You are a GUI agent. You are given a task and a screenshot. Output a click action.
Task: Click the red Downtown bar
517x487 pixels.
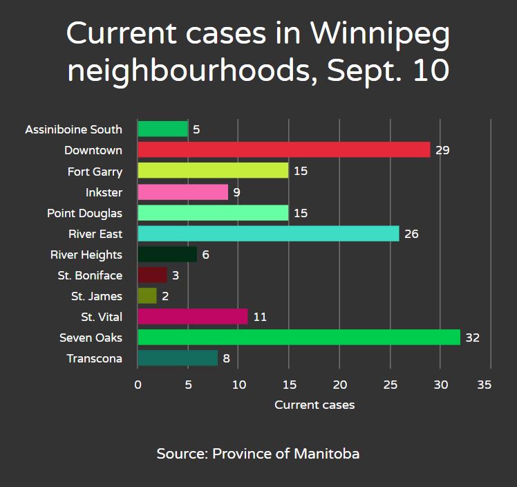pyautogui.click(x=283, y=150)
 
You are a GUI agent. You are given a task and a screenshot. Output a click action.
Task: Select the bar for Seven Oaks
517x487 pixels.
pyautogui.click(x=299, y=338)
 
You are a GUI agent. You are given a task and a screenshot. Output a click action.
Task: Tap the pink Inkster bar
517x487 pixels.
pyautogui.click(x=182, y=192)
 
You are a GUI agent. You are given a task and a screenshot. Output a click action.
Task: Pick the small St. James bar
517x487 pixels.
pyautogui.click(x=147, y=296)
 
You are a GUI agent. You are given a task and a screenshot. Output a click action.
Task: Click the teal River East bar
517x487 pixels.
pyautogui.click(x=268, y=234)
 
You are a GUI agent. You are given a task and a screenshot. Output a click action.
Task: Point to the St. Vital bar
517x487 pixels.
pyautogui.click(x=192, y=317)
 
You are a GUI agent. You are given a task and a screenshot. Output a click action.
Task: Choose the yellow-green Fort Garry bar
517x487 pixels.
pyautogui.click(x=213, y=171)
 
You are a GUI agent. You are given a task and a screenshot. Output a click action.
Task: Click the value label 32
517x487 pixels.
pyautogui.click(x=472, y=338)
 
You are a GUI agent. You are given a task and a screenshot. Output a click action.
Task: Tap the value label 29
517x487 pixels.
pyautogui.click(x=442, y=150)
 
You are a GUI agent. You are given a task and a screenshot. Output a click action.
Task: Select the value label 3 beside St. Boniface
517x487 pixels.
pyautogui.click(x=176, y=275)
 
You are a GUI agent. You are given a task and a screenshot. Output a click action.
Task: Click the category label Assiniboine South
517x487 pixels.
pyautogui.click(x=73, y=129)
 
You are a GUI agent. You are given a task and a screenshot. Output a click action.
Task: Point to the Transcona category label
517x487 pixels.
pyautogui.click(x=94, y=358)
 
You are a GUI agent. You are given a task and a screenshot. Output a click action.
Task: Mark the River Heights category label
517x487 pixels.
pyautogui.click(x=86, y=255)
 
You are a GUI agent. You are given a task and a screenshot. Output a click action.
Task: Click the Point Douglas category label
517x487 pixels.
pyautogui.click(x=84, y=213)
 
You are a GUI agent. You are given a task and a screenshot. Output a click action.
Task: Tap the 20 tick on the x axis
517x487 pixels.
pyautogui.click(x=339, y=384)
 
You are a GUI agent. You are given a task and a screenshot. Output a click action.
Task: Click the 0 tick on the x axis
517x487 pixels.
pyautogui.click(x=138, y=384)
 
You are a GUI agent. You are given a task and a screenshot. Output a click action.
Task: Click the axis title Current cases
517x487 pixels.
pyautogui.click(x=314, y=405)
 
